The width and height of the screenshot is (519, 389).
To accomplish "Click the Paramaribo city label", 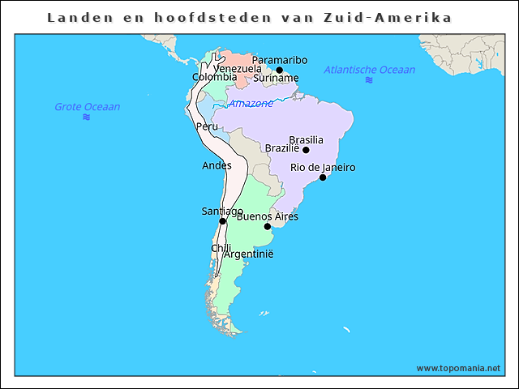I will tap(280, 60).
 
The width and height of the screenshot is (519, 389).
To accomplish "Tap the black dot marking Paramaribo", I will tap(280, 71).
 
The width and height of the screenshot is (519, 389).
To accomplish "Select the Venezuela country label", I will tap(238, 69).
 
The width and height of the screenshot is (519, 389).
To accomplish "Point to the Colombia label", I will tap(209, 77).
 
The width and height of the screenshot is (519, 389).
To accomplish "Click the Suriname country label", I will tap(276, 79).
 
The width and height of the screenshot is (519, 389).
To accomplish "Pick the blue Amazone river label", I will tap(251, 104).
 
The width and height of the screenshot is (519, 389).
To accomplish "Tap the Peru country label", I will tap(207, 126).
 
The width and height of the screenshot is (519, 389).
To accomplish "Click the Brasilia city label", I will tap(306, 139).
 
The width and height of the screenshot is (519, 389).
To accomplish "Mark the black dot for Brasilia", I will tap(306, 150).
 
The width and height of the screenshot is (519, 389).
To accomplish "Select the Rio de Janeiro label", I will tap(323, 168).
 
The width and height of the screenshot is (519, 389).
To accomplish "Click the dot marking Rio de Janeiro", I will tap(323, 177).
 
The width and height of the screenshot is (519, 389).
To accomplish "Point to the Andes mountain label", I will tap(217, 165).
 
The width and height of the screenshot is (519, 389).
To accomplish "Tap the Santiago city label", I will tap(222, 212).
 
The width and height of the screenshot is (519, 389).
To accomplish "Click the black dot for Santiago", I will tap(222, 221).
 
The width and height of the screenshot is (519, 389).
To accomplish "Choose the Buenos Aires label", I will tap(268, 216).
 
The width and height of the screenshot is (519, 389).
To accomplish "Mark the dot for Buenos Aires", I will tap(268, 227).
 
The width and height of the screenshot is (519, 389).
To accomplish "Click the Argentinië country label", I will tap(249, 254).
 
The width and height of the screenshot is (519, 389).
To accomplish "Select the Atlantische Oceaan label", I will tap(370, 70).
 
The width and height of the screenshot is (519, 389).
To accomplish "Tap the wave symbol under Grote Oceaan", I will tap(87, 118).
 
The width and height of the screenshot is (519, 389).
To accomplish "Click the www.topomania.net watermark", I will tap(458, 368).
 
